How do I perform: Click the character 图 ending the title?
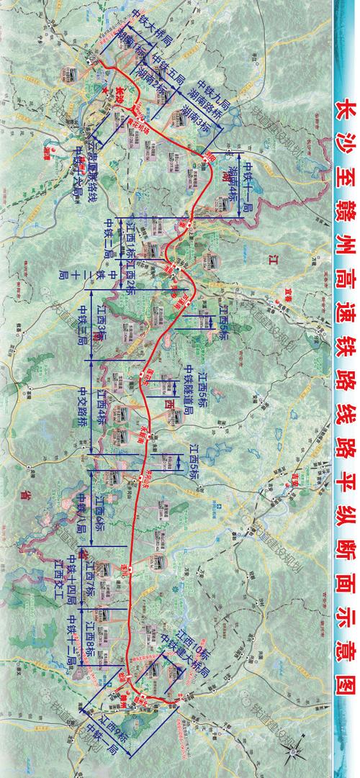(341, 720)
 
